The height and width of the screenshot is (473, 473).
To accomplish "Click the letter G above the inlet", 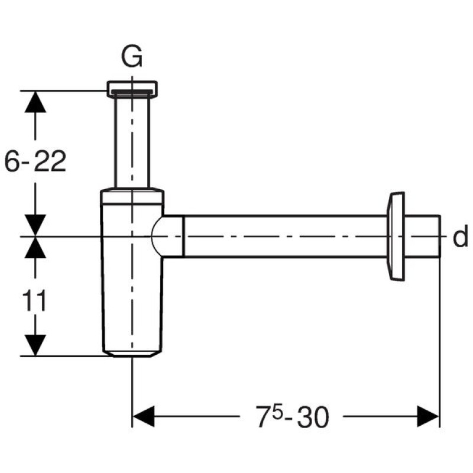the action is (131, 57).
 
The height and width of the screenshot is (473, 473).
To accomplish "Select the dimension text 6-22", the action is (35, 161).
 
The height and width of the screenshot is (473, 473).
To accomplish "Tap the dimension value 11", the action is (35, 300).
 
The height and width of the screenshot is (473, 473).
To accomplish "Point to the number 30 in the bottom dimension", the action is (313, 417).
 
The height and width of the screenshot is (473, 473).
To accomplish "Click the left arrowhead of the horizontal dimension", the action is (144, 416).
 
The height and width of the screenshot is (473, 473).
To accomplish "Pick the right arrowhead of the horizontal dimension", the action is (428, 416).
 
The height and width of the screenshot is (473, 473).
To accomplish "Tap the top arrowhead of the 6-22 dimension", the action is (35, 102).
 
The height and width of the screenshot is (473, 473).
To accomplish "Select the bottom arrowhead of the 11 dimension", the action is (35, 345).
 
